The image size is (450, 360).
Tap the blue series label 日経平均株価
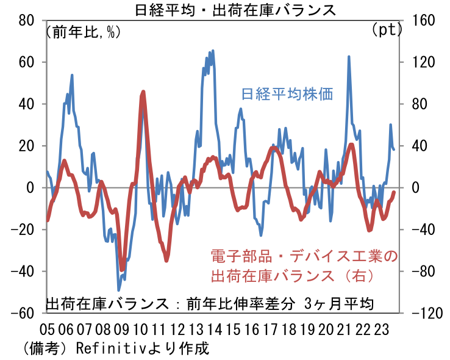coord(287,95)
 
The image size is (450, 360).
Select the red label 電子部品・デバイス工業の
coord(304,256)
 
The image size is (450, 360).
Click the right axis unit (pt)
coord(385,29)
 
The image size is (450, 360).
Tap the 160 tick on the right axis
coord(420,20)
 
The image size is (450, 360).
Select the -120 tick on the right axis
coord(423,313)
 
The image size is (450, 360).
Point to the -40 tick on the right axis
coord(420,229)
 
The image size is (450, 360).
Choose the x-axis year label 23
coord(380,329)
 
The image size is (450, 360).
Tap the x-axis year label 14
coord(213,329)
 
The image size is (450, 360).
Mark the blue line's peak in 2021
coord(349,56)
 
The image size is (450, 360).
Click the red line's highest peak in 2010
coord(143,92)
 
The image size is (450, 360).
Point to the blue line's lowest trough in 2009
coord(119,290)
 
